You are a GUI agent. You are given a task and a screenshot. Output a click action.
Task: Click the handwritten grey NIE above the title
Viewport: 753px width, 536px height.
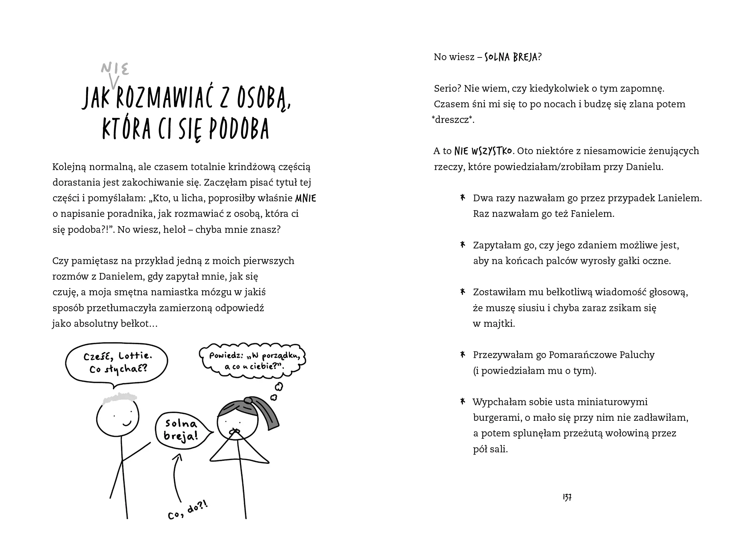(115, 69)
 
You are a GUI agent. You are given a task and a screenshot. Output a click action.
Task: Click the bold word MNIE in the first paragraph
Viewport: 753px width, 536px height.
(305, 198)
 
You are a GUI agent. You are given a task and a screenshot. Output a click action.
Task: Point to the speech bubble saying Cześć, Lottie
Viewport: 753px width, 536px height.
(117, 364)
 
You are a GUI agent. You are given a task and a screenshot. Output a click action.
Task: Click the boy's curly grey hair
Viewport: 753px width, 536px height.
(120, 398)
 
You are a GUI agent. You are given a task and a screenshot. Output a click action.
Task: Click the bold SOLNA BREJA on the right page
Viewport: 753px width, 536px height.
(511, 57)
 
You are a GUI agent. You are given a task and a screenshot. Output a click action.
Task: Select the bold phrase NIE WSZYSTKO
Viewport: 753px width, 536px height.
(483, 151)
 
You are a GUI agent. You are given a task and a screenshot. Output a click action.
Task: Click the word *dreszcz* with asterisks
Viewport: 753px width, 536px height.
(453, 120)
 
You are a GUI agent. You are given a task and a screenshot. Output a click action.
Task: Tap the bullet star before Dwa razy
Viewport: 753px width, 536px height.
(462, 198)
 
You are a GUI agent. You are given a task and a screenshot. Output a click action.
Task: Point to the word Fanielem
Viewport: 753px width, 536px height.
(592, 214)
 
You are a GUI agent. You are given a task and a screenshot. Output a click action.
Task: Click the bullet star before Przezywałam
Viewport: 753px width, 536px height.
(462, 355)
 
